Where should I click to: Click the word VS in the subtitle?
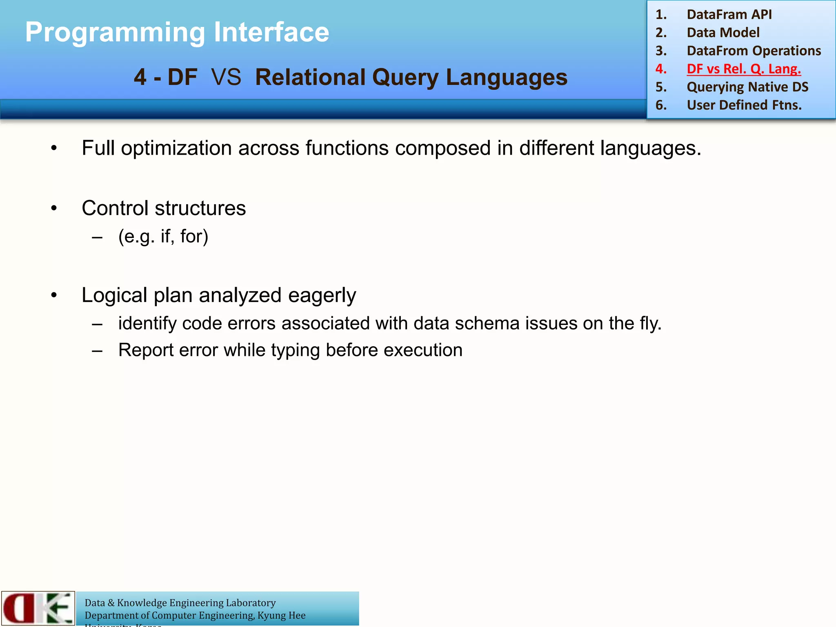coord(226,77)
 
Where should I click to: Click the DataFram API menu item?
coord(729,14)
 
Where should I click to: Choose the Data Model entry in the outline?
coord(723,32)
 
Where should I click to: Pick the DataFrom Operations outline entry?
coord(754,51)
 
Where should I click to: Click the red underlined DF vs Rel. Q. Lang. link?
coord(743,69)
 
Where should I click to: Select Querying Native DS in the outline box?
coord(747,87)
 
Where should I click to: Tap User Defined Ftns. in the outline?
coord(744,105)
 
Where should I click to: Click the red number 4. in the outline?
coord(661,69)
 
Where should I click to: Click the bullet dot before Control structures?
coord(54,209)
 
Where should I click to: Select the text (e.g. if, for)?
coord(163,236)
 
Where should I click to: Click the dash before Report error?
coord(97,350)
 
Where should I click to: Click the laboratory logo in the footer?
coord(38,608)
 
